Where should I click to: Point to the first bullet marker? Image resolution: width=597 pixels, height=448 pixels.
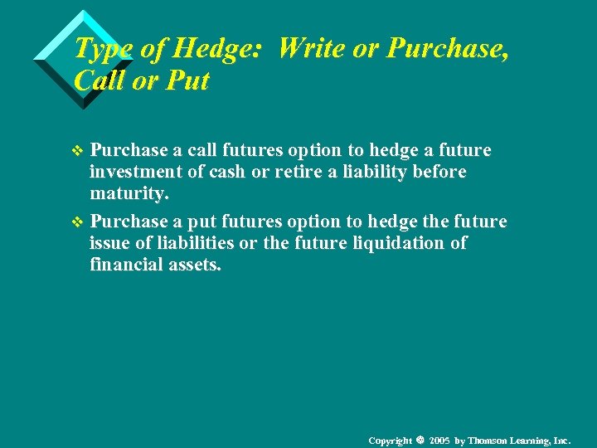(79, 151)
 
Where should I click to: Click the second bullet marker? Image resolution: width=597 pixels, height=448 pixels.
(79, 222)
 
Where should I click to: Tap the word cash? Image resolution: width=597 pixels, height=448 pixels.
(231, 172)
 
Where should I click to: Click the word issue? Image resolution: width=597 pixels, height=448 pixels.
(109, 243)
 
